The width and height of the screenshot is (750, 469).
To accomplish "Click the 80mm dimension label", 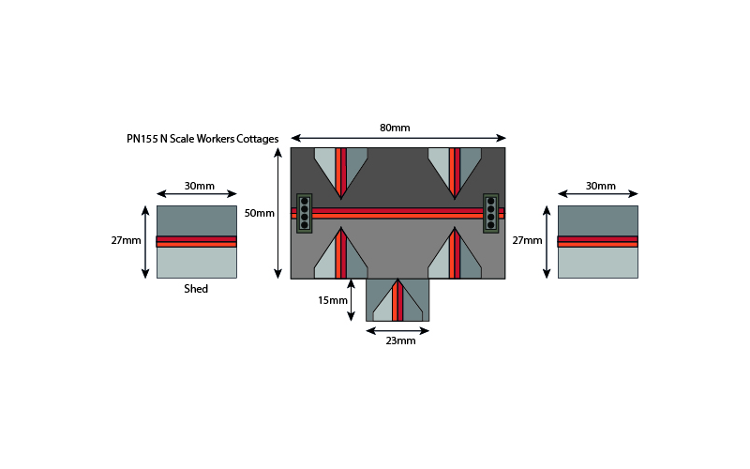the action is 395,128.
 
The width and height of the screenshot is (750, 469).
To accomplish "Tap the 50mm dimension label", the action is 260,213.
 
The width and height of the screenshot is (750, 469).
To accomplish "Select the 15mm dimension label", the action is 333,300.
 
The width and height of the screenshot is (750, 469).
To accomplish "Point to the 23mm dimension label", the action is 400,340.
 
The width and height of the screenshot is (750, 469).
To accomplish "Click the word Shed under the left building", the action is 196,289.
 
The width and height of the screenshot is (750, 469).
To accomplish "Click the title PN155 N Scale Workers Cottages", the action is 202,139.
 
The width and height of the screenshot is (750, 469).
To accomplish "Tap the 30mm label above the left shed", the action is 199,186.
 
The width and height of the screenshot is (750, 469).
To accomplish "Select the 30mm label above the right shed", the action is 601,186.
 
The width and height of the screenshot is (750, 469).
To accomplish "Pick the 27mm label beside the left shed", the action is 127,240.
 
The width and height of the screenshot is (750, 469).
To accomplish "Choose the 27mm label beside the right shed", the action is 527,240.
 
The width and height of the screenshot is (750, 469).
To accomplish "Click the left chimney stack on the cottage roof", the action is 304,214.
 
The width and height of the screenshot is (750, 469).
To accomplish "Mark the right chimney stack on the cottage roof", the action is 490,214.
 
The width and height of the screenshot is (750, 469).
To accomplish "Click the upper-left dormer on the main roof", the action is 340,171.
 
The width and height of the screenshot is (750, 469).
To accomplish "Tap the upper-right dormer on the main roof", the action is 455,171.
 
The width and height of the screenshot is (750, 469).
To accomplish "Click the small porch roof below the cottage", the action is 397,300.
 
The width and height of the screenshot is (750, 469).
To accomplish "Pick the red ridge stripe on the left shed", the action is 197,241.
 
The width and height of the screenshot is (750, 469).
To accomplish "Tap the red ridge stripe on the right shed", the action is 598,241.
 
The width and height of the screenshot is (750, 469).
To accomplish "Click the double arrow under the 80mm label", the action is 397,138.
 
